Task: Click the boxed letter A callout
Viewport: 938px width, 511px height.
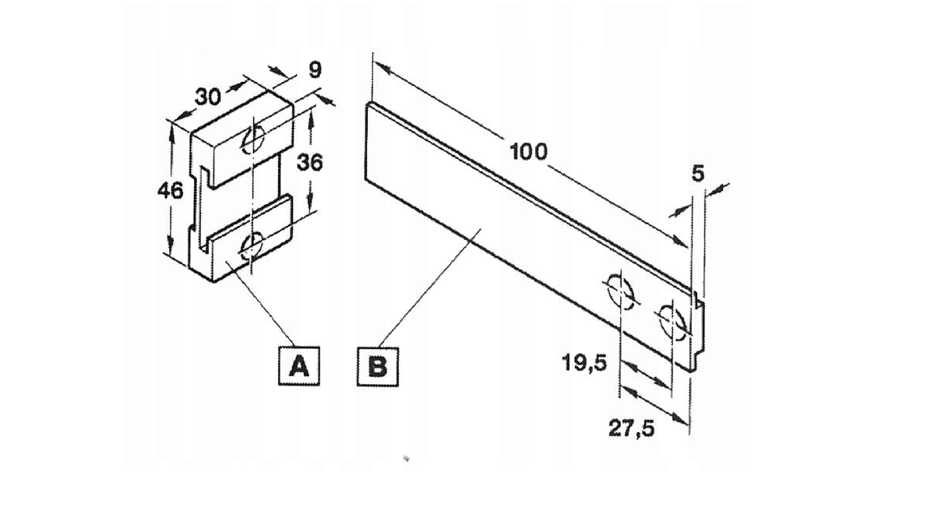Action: tap(299, 365)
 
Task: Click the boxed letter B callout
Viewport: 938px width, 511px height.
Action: tap(378, 366)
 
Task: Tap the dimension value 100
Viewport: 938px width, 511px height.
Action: tap(528, 152)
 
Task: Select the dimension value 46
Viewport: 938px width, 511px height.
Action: tap(171, 191)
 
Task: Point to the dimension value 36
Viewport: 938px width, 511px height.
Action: tap(310, 163)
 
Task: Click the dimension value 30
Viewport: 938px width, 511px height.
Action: tap(208, 97)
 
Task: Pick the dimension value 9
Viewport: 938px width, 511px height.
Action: tap(315, 70)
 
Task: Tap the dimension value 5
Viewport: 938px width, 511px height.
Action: tap(697, 174)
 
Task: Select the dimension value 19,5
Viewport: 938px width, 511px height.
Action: tap(584, 362)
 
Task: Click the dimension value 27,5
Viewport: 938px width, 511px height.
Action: tap(631, 428)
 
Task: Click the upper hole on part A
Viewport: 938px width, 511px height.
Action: tap(252, 139)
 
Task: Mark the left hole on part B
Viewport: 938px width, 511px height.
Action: tap(620, 291)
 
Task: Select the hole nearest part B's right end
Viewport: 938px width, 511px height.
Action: tap(672, 322)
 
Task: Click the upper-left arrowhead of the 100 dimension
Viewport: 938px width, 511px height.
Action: tap(383, 68)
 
